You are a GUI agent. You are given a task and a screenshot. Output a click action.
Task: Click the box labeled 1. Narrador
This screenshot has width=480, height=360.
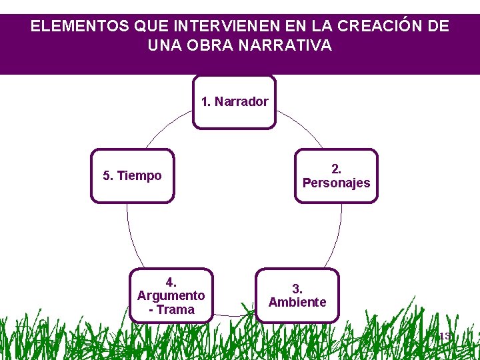click(x=234, y=102)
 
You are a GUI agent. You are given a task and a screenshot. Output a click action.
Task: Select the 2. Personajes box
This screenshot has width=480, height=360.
click(x=336, y=175)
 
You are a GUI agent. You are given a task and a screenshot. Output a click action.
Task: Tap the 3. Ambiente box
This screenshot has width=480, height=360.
click(x=297, y=295)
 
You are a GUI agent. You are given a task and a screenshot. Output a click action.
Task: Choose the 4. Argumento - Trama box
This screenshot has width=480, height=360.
click(x=171, y=295)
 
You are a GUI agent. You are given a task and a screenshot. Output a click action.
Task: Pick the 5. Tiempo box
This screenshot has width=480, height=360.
click(x=132, y=175)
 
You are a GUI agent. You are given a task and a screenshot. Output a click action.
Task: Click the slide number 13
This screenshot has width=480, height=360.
click(x=445, y=337)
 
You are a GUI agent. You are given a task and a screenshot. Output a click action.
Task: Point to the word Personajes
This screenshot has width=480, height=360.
click(x=336, y=183)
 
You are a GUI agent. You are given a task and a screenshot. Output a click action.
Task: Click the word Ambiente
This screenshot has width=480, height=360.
click(x=297, y=302)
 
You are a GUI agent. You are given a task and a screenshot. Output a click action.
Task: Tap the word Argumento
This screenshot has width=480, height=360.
click(x=171, y=295)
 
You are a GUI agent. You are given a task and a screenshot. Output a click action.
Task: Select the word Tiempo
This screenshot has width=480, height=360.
click(x=139, y=176)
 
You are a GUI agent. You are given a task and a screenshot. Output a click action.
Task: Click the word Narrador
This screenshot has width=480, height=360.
click(x=241, y=102)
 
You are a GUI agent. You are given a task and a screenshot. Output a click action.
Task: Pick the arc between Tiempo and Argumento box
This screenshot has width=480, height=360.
click(x=130, y=233)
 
